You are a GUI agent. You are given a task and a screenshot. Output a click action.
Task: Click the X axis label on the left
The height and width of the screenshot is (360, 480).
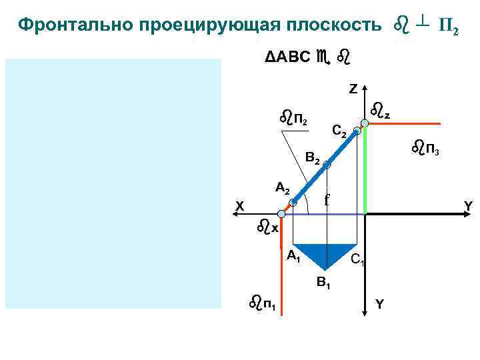coord(239,207)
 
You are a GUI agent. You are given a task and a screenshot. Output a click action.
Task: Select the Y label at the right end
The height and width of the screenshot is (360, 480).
coord(468,207)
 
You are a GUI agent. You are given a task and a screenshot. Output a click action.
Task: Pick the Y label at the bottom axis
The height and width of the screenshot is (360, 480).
coord(379,305)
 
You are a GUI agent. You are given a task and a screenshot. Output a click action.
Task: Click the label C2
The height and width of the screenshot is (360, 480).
coord(339,132)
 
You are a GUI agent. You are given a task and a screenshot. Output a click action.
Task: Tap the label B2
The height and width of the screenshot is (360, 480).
coord(313,160)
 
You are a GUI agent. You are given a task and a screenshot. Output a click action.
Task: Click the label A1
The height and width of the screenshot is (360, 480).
coord(294,256)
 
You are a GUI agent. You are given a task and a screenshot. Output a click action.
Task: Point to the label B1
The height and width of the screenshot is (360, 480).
coord(324,284)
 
